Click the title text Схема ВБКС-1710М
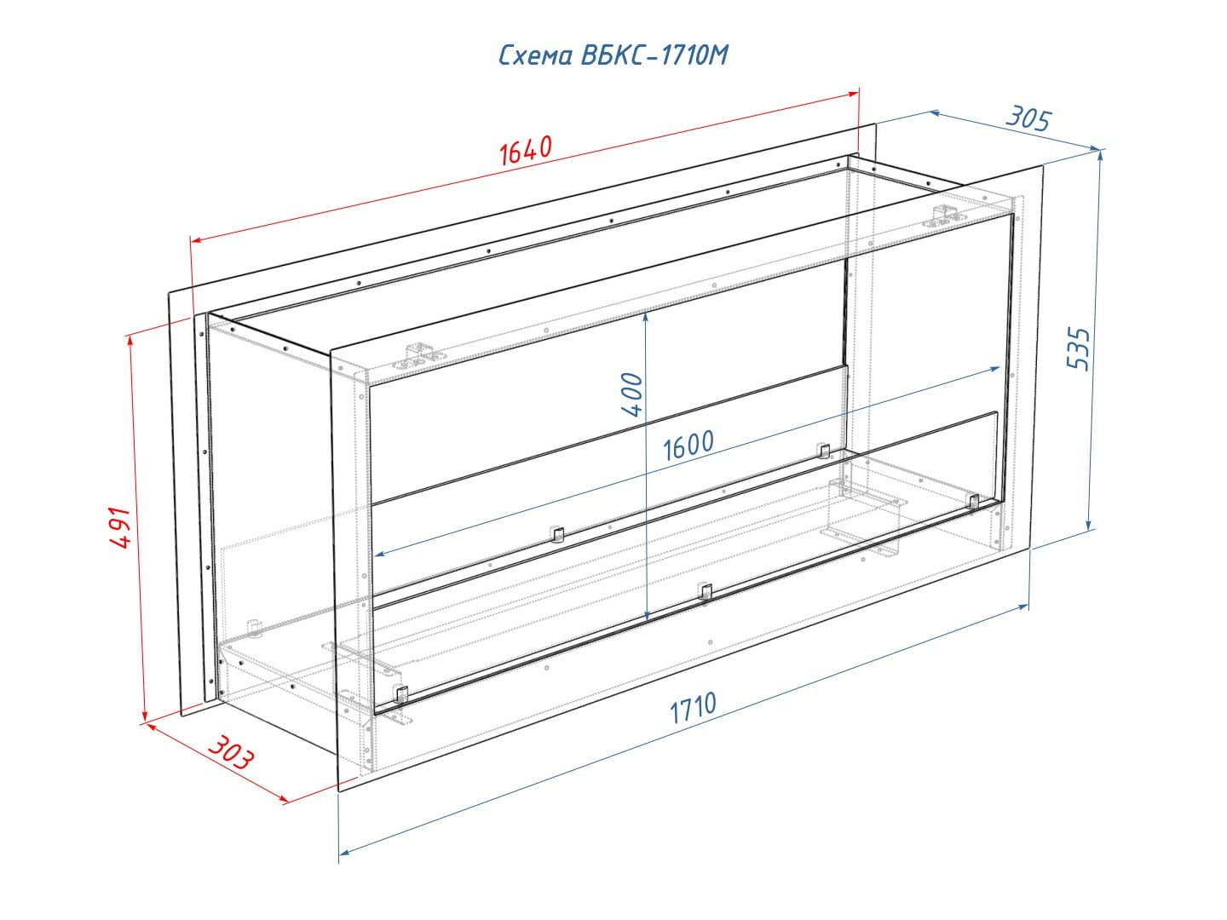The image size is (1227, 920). (x=613, y=55)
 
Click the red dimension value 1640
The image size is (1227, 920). (x=526, y=150)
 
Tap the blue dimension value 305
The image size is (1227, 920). (x=1028, y=119)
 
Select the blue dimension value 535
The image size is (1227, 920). (x=1079, y=348)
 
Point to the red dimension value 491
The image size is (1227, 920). (x=119, y=528)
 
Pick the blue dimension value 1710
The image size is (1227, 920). (x=693, y=708)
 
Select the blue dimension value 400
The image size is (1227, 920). (x=632, y=395)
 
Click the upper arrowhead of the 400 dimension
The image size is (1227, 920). (x=646, y=316)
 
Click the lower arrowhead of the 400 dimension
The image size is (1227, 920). (x=647, y=617)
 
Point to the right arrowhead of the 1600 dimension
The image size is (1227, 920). (x=995, y=368)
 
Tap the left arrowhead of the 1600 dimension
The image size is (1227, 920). (x=379, y=554)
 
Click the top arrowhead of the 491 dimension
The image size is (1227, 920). (x=130, y=342)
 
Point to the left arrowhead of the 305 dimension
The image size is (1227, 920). (x=936, y=112)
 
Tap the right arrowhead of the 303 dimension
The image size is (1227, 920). (x=284, y=801)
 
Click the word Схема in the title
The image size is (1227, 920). (x=535, y=56)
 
